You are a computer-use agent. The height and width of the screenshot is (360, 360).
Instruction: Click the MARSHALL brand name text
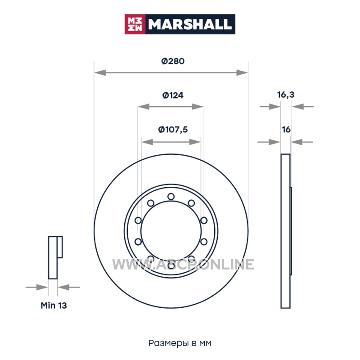click(x=189, y=24)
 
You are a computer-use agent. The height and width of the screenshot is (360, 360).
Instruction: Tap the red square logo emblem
click(x=135, y=24)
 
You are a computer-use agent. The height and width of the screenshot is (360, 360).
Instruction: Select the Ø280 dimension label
click(x=173, y=61)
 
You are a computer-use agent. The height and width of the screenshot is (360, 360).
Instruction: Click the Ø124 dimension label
click(x=173, y=95)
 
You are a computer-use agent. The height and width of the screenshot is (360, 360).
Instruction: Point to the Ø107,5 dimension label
click(x=173, y=130)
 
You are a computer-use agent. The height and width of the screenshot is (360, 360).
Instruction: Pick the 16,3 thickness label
click(x=286, y=94)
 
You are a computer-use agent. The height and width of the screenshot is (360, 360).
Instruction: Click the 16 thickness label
click(x=286, y=130)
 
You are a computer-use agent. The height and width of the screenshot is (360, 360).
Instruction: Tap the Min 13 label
click(x=54, y=306)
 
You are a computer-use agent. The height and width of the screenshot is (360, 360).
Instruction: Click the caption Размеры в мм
click(x=180, y=343)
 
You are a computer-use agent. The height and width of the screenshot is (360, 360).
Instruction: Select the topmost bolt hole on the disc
click(x=171, y=197)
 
